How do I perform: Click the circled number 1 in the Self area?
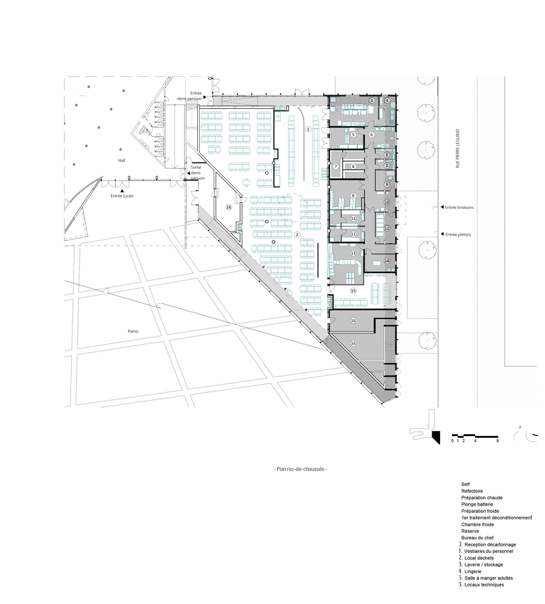point(307,129)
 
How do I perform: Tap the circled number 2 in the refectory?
point(297,235)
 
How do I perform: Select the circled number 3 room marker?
point(372,100)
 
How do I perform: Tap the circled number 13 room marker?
point(354,254)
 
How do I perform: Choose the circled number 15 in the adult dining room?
point(354,291)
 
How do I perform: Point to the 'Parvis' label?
point(133,331)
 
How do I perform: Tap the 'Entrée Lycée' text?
point(122,196)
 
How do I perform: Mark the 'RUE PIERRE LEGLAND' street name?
point(458,148)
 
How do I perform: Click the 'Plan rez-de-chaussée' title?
point(300,469)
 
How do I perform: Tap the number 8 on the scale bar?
point(497,442)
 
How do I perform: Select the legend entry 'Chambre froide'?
point(477,524)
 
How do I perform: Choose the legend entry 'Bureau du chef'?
point(477,538)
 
